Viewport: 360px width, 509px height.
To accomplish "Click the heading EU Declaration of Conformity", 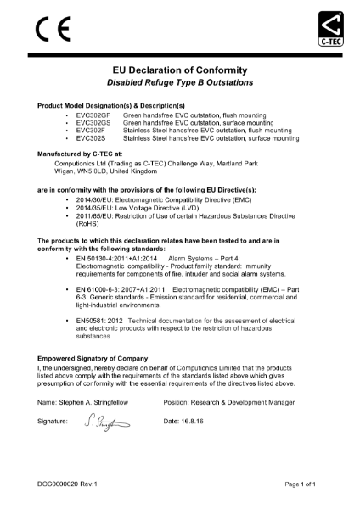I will coord(180,70).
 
